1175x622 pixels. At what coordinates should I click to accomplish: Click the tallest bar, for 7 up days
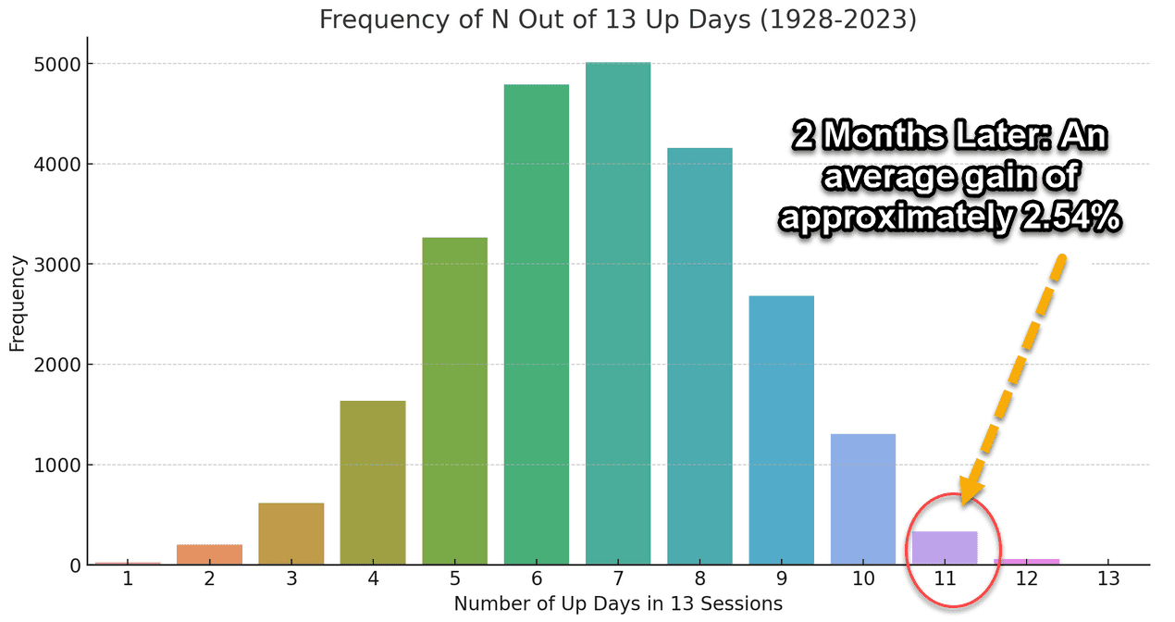(x=618, y=314)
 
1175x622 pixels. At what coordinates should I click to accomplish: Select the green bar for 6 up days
(x=536, y=324)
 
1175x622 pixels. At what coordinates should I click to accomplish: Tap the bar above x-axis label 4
(x=373, y=483)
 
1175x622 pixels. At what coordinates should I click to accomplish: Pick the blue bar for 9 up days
(x=781, y=430)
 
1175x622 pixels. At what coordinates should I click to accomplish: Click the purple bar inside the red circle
(x=945, y=548)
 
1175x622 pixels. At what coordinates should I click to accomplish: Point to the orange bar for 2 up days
(x=209, y=554)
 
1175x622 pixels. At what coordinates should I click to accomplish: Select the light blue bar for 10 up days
(x=863, y=499)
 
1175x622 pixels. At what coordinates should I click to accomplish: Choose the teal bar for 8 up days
(x=699, y=356)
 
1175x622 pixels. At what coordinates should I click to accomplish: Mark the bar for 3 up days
(x=291, y=534)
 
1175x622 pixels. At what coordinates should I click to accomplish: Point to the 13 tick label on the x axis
(x=1108, y=578)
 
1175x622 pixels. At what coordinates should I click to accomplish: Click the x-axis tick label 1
(x=128, y=578)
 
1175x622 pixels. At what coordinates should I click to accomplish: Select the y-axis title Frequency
(x=18, y=304)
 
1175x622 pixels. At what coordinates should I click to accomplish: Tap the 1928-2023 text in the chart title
(x=837, y=20)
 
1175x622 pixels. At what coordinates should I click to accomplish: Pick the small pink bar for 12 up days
(x=1026, y=562)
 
